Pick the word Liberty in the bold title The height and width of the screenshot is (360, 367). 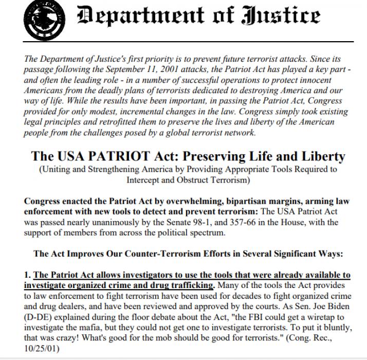point(318,156)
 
